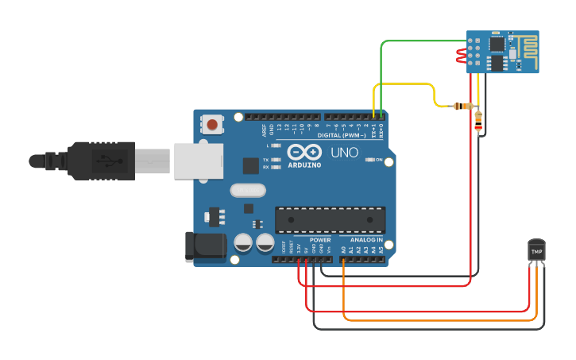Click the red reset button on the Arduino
click(x=212, y=124)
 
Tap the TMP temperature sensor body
click(x=537, y=250)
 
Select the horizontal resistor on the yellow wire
click(x=462, y=106)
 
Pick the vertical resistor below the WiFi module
click(x=477, y=120)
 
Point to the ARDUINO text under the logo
click(x=304, y=165)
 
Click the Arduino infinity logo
click(x=304, y=152)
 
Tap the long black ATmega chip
click(x=330, y=220)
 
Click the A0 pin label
click(x=344, y=249)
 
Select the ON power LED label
click(x=379, y=160)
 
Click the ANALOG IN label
click(x=367, y=239)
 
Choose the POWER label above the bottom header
click(x=320, y=239)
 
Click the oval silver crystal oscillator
click(x=248, y=190)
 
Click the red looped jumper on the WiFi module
click(x=461, y=56)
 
